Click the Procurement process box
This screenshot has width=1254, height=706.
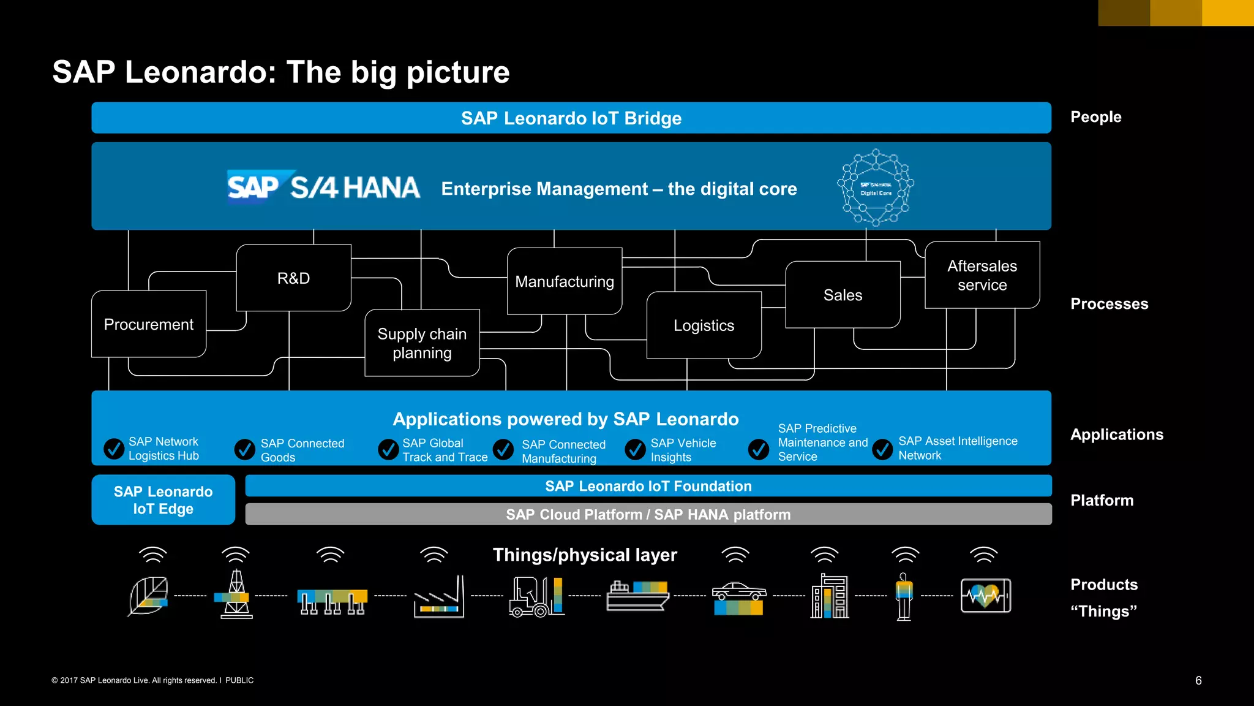click(x=149, y=324)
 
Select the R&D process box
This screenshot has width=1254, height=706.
click(x=293, y=278)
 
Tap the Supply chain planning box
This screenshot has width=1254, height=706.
click(x=422, y=343)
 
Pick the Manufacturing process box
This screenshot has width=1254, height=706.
click(x=565, y=281)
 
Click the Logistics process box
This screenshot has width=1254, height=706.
click(x=704, y=325)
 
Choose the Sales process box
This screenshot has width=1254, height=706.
click(x=843, y=295)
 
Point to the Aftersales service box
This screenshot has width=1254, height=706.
click(x=982, y=275)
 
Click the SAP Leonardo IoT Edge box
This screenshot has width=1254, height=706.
click(x=163, y=500)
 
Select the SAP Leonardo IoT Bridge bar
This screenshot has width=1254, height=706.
click(x=571, y=118)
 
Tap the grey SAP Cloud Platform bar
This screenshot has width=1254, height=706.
click(x=648, y=514)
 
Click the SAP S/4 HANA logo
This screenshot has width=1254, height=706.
click(x=323, y=187)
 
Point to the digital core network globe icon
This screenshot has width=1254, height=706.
click(x=876, y=188)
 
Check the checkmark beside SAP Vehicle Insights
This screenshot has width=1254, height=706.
click(x=635, y=450)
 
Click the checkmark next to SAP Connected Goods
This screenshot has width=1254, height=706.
click(x=245, y=450)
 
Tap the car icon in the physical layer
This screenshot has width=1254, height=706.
click(x=738, y=597)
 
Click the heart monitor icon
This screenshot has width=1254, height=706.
click(x=985, y=596)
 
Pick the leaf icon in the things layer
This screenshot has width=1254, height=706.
click(x=148, y=596)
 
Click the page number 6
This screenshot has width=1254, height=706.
click(x=1198, y=680)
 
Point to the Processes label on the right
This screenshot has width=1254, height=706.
click(x=1109, y=304)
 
